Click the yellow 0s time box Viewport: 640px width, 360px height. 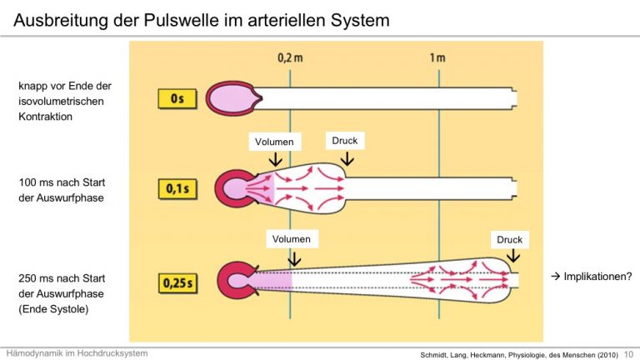[x=177, y=99]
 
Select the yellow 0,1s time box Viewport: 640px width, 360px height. [x=177, y=189]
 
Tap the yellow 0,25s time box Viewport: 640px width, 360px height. [x=177, y=282]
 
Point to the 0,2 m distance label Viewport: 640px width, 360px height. [x=290, y=58]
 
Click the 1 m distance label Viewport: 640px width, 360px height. [x=437, y=58]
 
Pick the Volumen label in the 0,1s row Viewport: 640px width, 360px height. [x=274, y=142]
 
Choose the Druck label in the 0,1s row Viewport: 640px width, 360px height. [x=345, y=140]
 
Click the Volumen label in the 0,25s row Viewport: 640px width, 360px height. [x=292, y=239]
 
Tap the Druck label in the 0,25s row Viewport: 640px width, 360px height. [x=509, y=240]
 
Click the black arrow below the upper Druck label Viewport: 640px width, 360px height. [x=347, y=159]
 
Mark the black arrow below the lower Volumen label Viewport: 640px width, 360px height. [x=294, y=259]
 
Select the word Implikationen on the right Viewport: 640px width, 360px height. [x=597, y=277]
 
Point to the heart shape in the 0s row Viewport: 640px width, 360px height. [x=234, y=98]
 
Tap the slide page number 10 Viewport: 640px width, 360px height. [x=628, y=355]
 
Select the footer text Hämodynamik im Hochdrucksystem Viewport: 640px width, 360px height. [x=77, y=353]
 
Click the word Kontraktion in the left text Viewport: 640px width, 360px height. [x=45, y=117]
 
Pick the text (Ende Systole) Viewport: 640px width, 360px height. [x=53, y=309]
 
